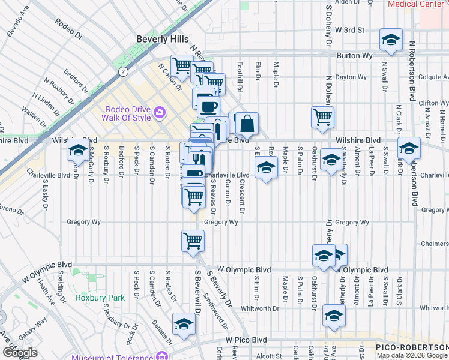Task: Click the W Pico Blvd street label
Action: point(246,340)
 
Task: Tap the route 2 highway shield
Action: point(122,71)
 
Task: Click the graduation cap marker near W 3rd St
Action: point(391,40)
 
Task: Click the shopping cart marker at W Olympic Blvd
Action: point(193,241)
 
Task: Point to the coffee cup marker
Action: point(208,106)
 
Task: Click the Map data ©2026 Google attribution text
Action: point(412,355)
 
